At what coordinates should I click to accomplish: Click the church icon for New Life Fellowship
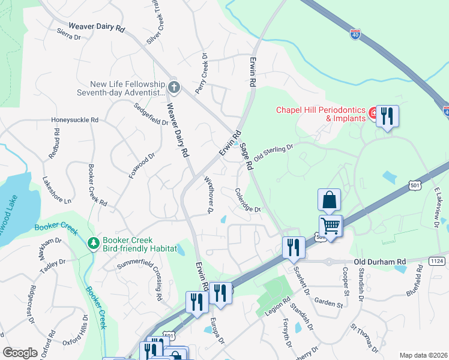pos(174,88)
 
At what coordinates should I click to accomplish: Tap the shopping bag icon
pos(330,200)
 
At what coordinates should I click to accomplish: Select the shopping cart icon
pos(330,226)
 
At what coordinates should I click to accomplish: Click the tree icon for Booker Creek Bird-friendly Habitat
pos(93,243)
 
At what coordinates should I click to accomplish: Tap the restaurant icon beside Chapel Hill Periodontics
pos(387,116)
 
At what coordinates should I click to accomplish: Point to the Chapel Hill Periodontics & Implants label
pos(321,114)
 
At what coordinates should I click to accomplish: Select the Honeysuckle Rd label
pos(74,120)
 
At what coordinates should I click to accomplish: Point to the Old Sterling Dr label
pos(273,152)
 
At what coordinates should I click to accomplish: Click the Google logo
pos(20,353)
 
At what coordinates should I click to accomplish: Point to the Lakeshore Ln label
pos(56,189)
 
